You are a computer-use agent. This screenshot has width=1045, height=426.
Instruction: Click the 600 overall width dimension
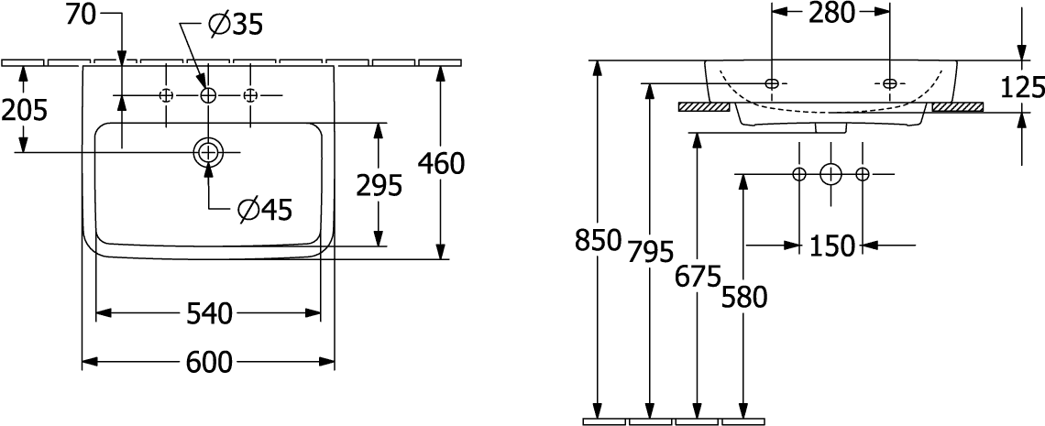point(209,363)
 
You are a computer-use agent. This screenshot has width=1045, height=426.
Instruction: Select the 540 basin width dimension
point(209,313)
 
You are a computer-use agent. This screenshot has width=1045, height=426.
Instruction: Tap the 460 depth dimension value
point(441,164)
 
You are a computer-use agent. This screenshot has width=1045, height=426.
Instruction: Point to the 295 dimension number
point(379,186)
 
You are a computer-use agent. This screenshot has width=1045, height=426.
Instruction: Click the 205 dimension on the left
point(24,111)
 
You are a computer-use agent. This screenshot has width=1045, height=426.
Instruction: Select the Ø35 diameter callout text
point(236,26)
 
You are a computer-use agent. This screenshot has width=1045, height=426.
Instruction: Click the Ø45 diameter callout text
point(265,211)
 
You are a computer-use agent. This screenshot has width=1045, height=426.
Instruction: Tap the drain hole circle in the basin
point(209,152)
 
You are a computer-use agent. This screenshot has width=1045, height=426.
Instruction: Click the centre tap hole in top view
point(209,96)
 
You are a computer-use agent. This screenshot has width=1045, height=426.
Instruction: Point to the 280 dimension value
point(831,14)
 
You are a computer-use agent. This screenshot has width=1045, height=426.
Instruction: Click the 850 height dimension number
point(598,240)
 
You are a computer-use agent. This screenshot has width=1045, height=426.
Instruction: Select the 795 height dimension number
point(651,252)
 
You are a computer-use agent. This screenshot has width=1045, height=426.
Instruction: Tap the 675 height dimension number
point(698,277)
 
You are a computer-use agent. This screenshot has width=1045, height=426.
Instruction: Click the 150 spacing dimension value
point(831,247)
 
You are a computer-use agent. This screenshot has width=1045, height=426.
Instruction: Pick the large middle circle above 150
point(830,174)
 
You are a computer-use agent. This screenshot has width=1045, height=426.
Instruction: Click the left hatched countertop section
point(704,106)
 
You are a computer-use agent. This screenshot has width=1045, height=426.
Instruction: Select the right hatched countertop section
point(958,106)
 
